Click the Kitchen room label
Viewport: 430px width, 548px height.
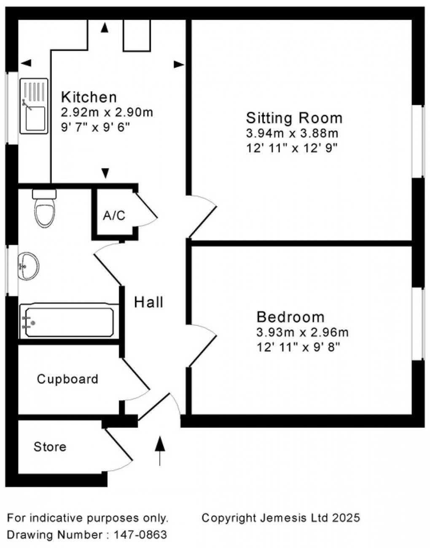tap(89, 97)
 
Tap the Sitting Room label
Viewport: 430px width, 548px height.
tap(294, 117)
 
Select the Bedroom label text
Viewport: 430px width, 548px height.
tap(291, 317)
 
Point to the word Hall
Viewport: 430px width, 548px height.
tap(149, 302)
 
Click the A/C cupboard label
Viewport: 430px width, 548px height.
tap(114, 216)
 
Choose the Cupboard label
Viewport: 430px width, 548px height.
tap(67, 379)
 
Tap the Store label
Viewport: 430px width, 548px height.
tap(50, 447)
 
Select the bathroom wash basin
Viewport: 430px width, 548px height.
tap(28, 266)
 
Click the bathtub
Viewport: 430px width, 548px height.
tap(69, 322)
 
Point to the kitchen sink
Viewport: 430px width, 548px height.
tap(34, 106)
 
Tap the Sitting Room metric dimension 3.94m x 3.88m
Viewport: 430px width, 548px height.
tap(292, 134)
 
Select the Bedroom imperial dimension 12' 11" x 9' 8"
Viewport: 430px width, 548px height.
tap(298, 347)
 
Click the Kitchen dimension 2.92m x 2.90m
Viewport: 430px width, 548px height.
tap(107, 113)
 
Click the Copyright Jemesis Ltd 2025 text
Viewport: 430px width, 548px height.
tap(281, 517)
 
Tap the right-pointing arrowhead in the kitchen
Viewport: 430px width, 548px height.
tap(179, 64)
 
